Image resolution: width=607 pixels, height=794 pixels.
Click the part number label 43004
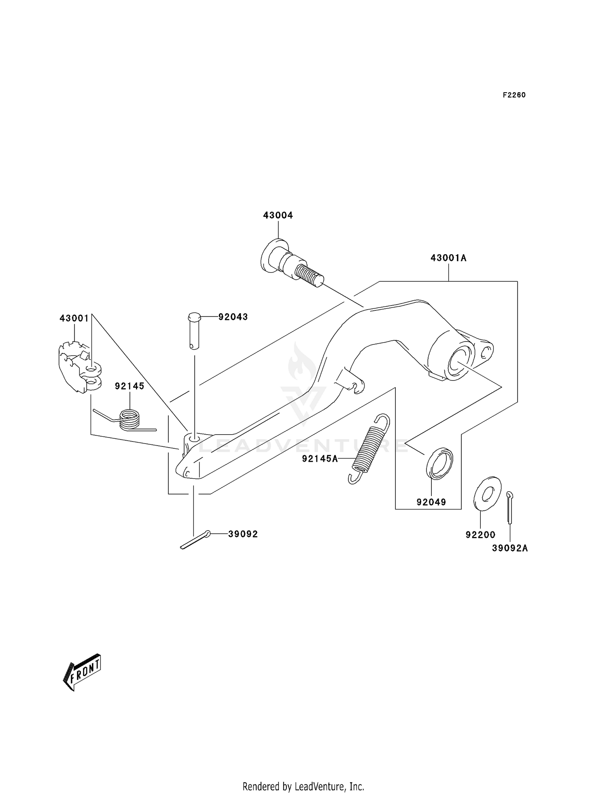[278, 215]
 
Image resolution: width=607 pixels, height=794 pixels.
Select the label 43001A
[448, 258]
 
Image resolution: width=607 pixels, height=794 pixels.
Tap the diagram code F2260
[514, 95]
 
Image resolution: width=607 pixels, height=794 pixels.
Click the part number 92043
[233, 317]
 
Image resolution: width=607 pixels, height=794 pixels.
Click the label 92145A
[320, 459]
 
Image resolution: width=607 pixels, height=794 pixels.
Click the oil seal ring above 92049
[439, 463]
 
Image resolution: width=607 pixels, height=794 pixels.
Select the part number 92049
[431, 502]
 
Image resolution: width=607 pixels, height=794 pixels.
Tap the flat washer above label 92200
[487, 493]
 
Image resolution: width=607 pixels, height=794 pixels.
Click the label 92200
[480, 535]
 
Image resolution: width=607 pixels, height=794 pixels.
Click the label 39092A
[510, 548]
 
